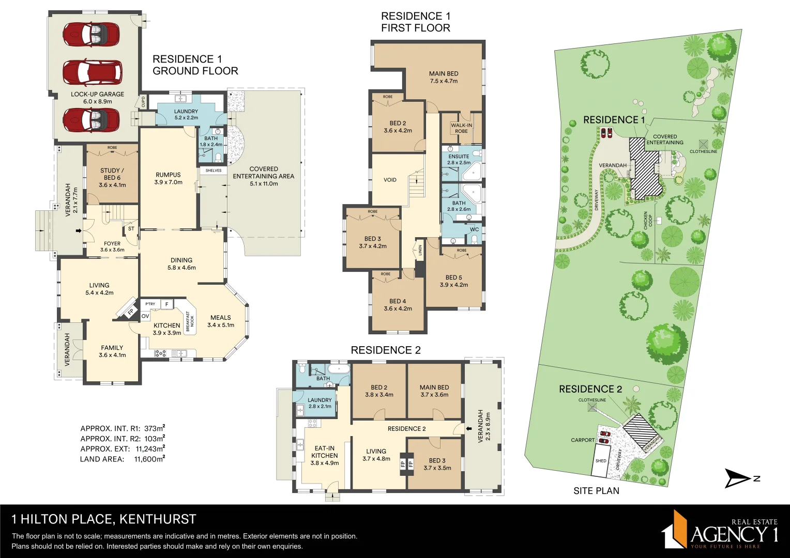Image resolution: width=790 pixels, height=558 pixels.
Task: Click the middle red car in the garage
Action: coord(93,72)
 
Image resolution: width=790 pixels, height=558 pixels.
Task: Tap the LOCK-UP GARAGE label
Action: coord(97,95)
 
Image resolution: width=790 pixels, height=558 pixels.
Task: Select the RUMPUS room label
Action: coord(168,175)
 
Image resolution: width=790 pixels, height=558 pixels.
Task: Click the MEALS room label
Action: coord(220,318)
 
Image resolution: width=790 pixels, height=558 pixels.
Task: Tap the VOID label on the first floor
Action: coord(390,180)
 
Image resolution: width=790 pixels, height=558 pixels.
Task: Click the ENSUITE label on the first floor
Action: coord(459,157)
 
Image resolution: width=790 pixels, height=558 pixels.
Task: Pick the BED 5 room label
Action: coord(453,277)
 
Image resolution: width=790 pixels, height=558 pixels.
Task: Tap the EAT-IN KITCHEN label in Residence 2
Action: coord(324,452)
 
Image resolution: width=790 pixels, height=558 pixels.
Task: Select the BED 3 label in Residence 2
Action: coord(437,460)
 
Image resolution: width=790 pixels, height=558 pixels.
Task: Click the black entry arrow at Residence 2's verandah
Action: coord(469,428)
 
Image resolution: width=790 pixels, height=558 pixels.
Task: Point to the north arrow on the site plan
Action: coord(738,478)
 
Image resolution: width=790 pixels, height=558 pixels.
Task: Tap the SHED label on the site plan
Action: coord(601,461)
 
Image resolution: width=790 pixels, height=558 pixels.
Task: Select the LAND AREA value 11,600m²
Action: coord(149,459)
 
